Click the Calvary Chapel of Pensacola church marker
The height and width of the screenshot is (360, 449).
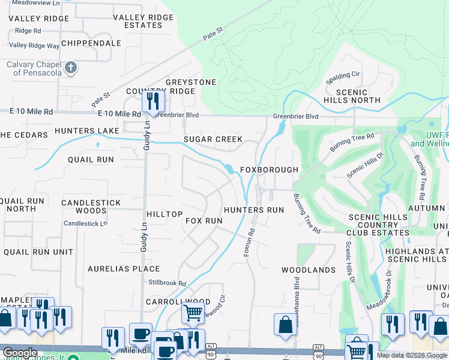pyautogui.click(x=71, y=67)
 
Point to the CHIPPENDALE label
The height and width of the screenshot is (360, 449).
pyautogui.click(x=91, y=43)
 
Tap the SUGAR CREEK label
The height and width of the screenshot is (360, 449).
pyautogui.click(x=212, y=139)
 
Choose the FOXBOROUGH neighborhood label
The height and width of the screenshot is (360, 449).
pyautogui.click(x=269, y=170)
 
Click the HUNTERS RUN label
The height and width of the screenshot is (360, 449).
pyautogui.click(x=253, y=210)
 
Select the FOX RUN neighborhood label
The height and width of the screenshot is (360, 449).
pyautogui.click(x=204, y=221)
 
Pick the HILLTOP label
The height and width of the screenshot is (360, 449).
pyautogui.click(x=164, y=214)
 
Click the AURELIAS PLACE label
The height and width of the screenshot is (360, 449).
pyautogui.click(x=124, y=269)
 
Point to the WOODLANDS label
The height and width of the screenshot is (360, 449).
pyautogui.click(x=309, y=270)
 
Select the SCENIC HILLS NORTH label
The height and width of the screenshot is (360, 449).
pyautogui.click(x=358, y=95)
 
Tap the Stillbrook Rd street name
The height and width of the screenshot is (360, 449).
pyautogui.click(x=167, y=283)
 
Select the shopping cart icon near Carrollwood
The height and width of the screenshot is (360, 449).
pyautogui.click(x=192, y=312)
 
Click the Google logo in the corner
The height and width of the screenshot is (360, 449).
pyautogui.click(x=20, y=353)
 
